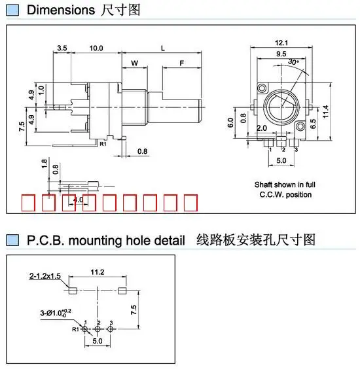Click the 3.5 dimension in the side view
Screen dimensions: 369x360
pos(62,48)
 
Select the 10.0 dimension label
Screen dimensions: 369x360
pos(96,48)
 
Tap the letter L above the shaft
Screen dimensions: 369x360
pos(162,48)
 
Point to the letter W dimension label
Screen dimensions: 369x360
pos(134,63)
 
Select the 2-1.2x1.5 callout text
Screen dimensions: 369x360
pos(45,277)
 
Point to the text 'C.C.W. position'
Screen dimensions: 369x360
pos(285,194)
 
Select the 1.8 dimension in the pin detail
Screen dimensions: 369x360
pos(45,162)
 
